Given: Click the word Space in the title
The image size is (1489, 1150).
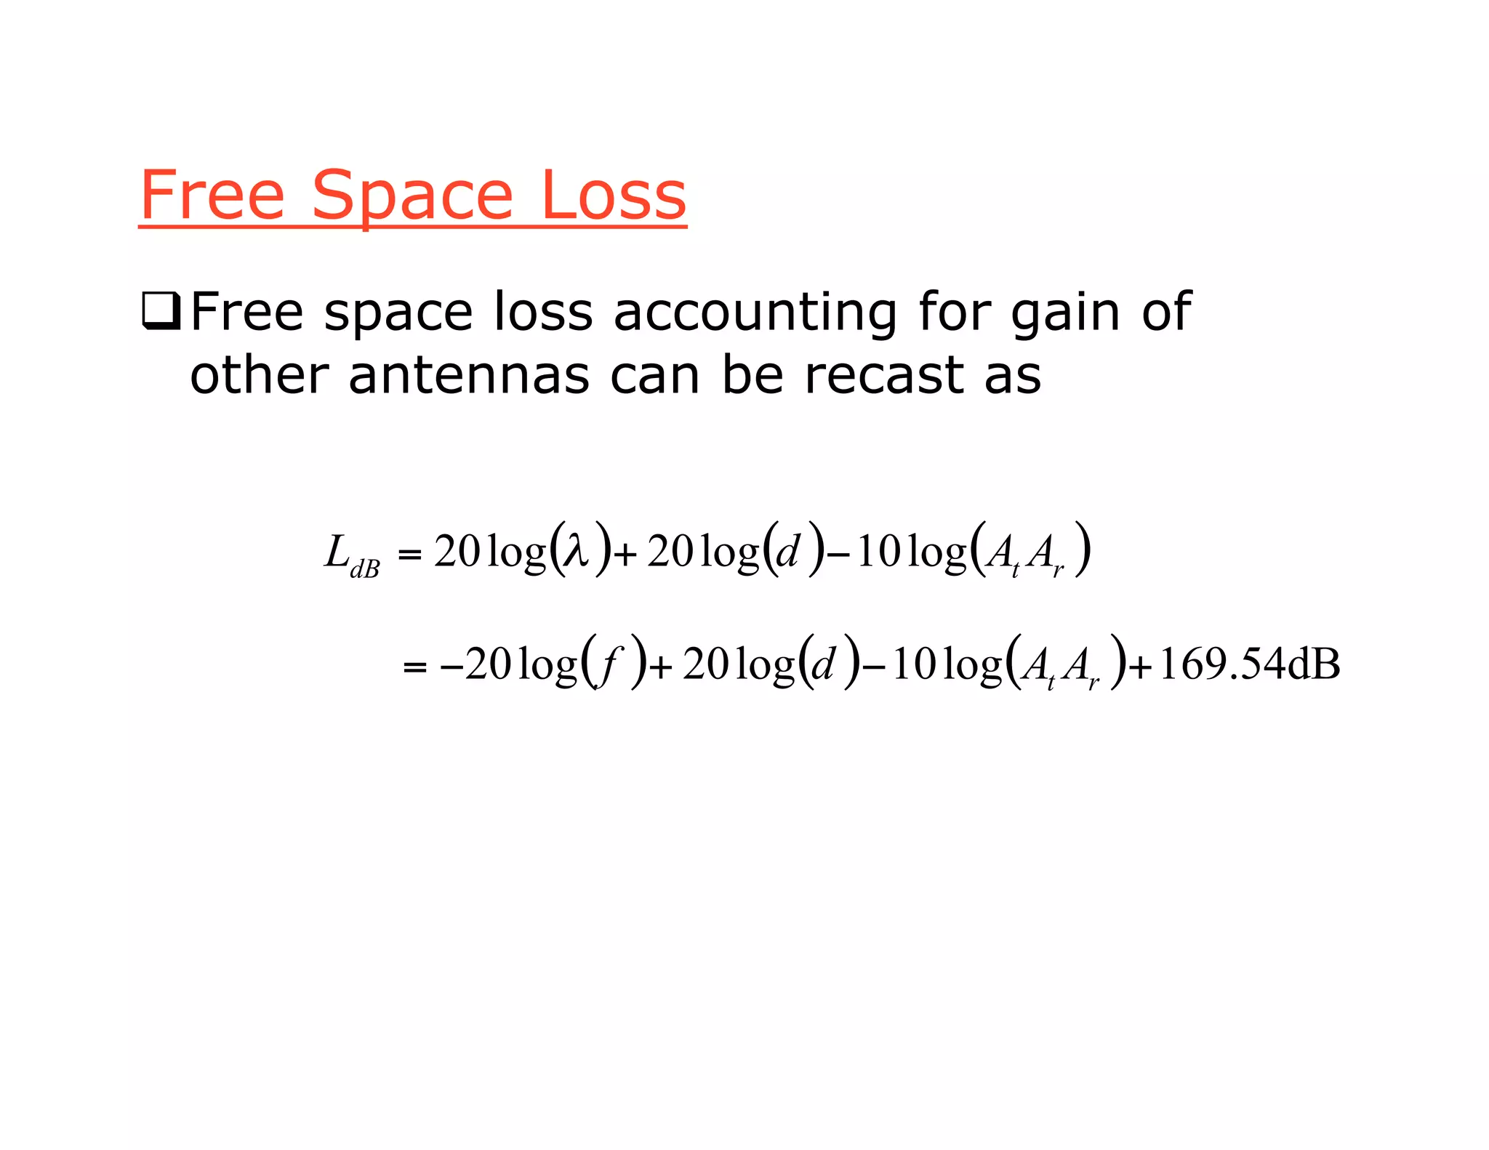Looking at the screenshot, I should click(x=412, y=196).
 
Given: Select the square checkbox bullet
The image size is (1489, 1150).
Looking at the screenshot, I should click(x=161, y=312).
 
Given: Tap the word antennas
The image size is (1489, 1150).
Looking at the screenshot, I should click(x=469, y=376).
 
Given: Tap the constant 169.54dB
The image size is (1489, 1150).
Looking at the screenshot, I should click(x=1249, y=664).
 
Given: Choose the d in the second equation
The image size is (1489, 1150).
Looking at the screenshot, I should click(x=823, y=664).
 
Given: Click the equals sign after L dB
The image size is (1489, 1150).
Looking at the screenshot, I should click(x=410, y=555).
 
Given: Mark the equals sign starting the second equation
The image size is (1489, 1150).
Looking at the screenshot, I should click(x=414, y=667).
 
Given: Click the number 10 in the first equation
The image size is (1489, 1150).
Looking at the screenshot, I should click(x=879, y=552).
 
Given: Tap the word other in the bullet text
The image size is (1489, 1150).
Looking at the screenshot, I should click(x=260, y=376).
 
